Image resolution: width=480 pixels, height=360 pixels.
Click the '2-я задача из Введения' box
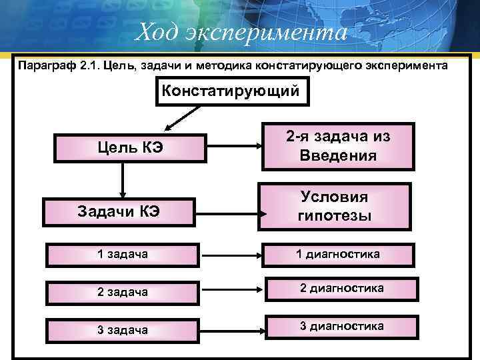[x=337, y=147]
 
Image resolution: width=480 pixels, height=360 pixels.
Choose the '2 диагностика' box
[x=341, y=289]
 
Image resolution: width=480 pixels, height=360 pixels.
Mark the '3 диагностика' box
[x=341, y=326]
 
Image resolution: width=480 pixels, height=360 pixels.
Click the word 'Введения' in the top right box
[x=337, y=156]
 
